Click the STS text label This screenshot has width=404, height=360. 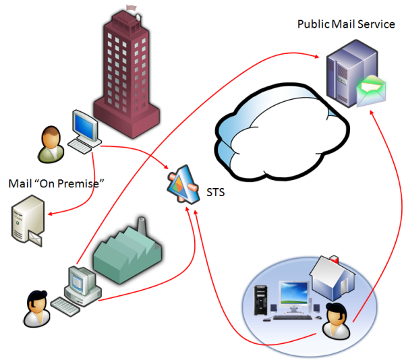pos(216,192)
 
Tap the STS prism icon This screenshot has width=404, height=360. pos(183,185)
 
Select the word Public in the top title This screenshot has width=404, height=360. pos(314,24)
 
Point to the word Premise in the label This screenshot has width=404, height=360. pos(78,183)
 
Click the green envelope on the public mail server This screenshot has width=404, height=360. pos(371,90)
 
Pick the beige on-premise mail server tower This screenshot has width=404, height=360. pos(28,218)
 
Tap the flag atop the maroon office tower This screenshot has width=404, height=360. pos(132,7)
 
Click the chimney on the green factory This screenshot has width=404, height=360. pos(142,227)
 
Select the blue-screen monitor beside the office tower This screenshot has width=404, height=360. pos(85,126)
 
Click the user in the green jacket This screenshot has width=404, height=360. pos(51,144)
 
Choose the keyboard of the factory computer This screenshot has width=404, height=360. pos(65,307)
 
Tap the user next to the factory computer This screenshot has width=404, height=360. pos(37,309)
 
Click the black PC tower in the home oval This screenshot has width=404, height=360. pos(261,300)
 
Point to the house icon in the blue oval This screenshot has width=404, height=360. pos(333,278)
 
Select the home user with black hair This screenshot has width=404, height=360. pos(337,321)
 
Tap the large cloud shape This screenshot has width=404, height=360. pos(282,132)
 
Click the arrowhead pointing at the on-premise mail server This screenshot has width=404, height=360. pos(51,214)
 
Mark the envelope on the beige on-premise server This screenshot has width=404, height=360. pos(35,239)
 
